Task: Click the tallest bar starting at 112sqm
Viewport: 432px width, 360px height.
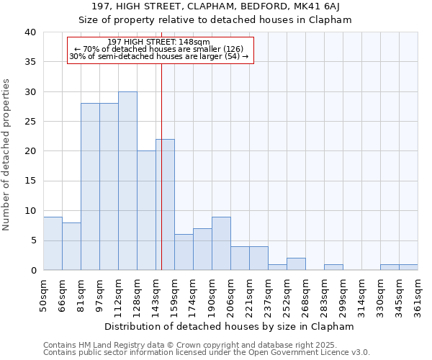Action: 127,181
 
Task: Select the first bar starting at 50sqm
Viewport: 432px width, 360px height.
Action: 53,243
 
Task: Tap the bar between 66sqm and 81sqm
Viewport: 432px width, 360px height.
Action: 71,246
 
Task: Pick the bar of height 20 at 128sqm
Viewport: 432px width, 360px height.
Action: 146,210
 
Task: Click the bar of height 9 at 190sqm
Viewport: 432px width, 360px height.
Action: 221,243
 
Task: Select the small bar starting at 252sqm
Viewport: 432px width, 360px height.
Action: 296,264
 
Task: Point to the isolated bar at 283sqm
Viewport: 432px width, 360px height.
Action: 333,267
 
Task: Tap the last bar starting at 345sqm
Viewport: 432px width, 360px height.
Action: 408,267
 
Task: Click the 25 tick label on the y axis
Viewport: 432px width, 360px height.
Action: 30,122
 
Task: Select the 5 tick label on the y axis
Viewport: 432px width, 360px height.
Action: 33,240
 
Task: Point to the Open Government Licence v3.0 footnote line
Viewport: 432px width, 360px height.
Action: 207,353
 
